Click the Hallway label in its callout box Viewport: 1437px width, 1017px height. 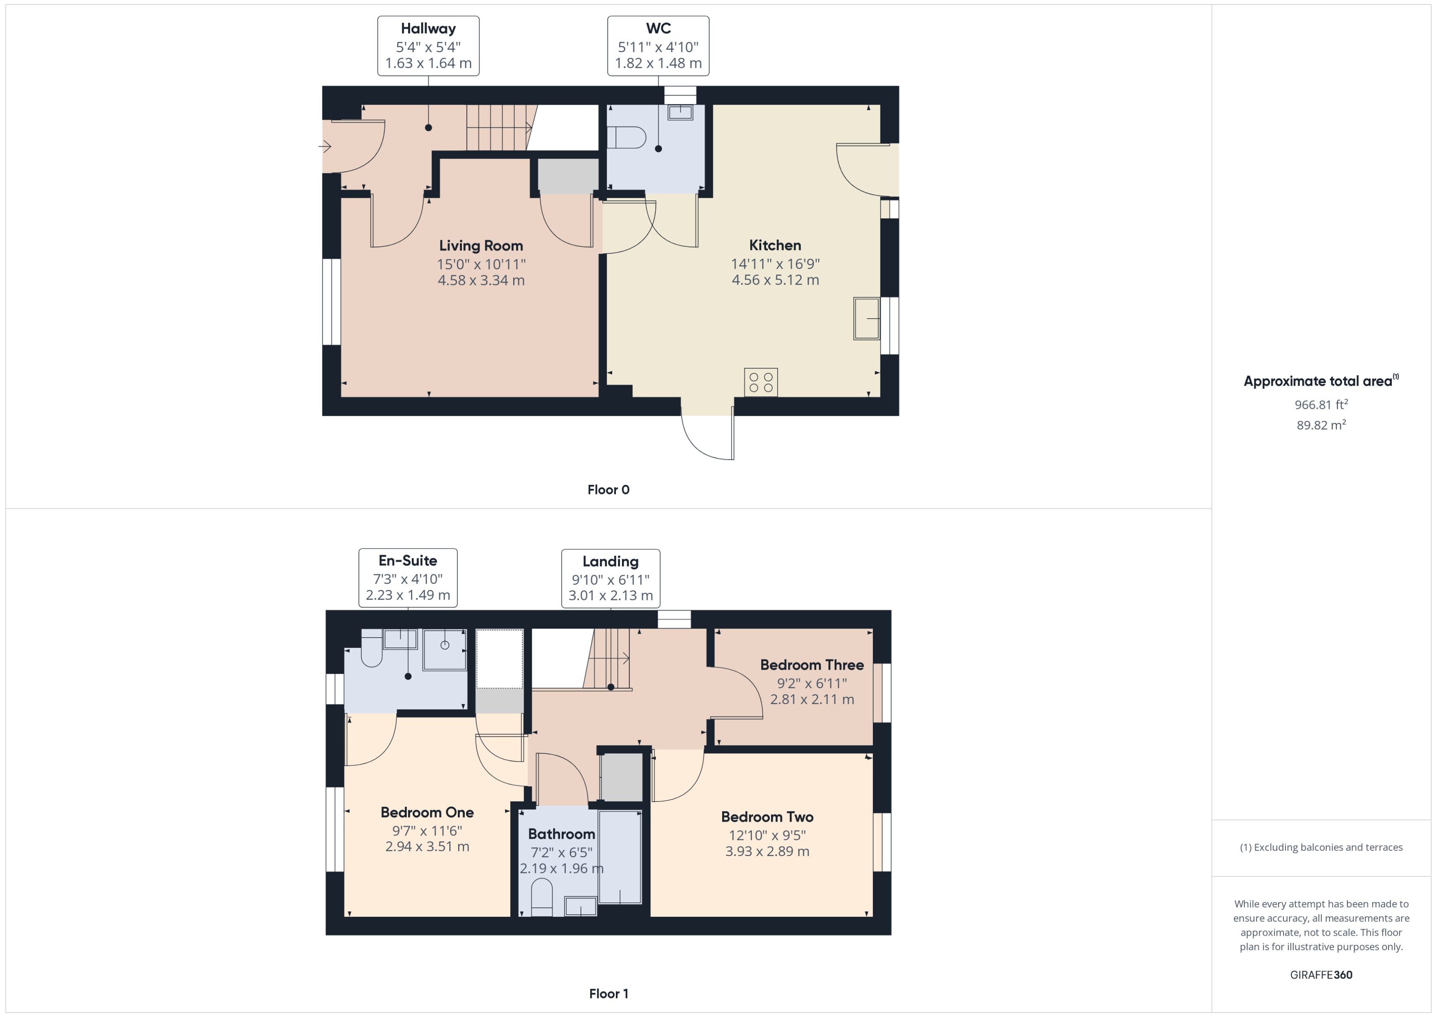(x=428, y=29)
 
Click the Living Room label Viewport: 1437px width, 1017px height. (x=480, y=246)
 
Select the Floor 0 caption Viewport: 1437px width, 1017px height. (x=608, y=490)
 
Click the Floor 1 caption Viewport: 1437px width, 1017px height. (x=608, y=993)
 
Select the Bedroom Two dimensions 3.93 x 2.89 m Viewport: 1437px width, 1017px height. (x=767, y=852)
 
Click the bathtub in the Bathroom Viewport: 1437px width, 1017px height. (x=619, y=857)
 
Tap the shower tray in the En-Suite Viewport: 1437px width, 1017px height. (x=445, y=650)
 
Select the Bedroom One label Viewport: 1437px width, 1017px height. (x=427, y=812)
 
